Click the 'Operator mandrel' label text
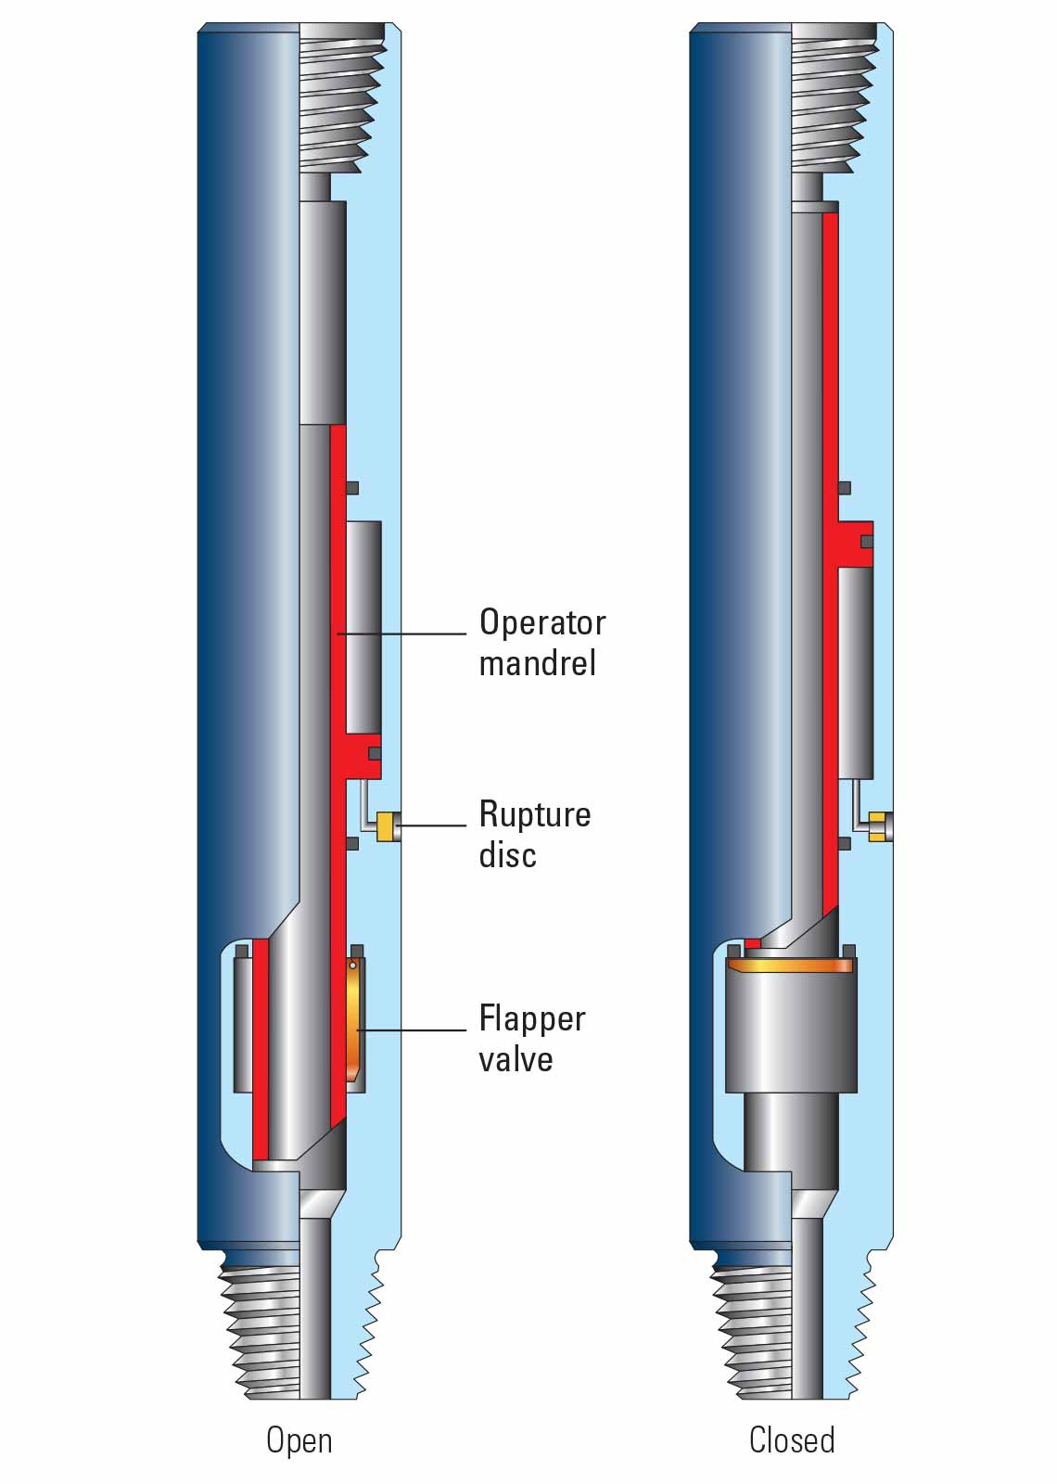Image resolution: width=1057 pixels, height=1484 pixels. click(x=541, y=642)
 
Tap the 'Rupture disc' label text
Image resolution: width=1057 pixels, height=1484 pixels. click(x=534, y=834)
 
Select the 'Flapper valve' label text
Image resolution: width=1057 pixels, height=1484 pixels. click(x=531, y=1038)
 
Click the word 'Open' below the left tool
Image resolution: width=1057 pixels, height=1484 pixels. click(x=299, y=1439)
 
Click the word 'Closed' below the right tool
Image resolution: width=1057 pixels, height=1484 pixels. click(x=791, y=1439)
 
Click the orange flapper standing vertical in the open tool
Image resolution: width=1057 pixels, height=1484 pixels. click(x=353, y=1020)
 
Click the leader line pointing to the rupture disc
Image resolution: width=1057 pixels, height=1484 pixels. click(x=432, y=825)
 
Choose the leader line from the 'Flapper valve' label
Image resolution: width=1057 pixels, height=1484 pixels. click(x=413, y=1030)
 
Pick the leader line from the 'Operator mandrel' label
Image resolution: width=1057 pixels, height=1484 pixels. click(x=403, y=633)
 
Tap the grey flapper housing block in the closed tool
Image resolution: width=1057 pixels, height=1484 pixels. click(x=790, y=1030)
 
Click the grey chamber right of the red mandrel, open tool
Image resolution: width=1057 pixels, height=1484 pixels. click(x=363, y=626)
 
